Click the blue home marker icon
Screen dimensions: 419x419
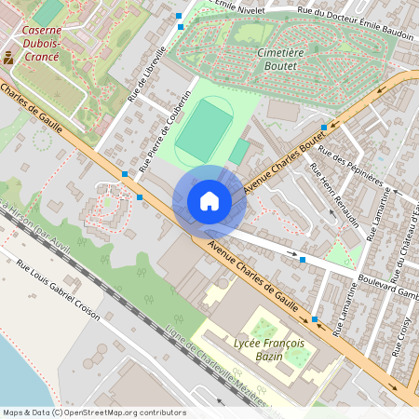209,201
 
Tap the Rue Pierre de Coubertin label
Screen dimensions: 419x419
164,131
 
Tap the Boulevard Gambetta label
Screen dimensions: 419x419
387,287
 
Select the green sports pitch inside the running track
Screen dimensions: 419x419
204,131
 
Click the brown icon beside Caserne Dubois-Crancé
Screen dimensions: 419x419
8,57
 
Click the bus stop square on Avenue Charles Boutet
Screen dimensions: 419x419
323,127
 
